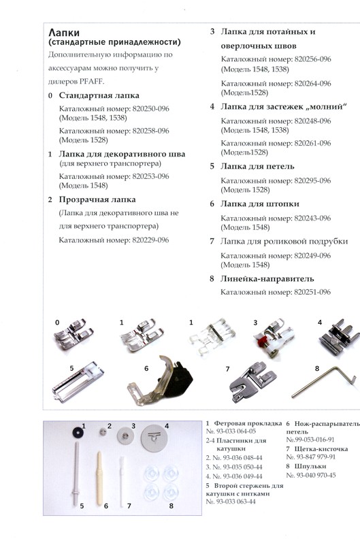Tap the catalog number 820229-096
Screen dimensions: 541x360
pos(146,240)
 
